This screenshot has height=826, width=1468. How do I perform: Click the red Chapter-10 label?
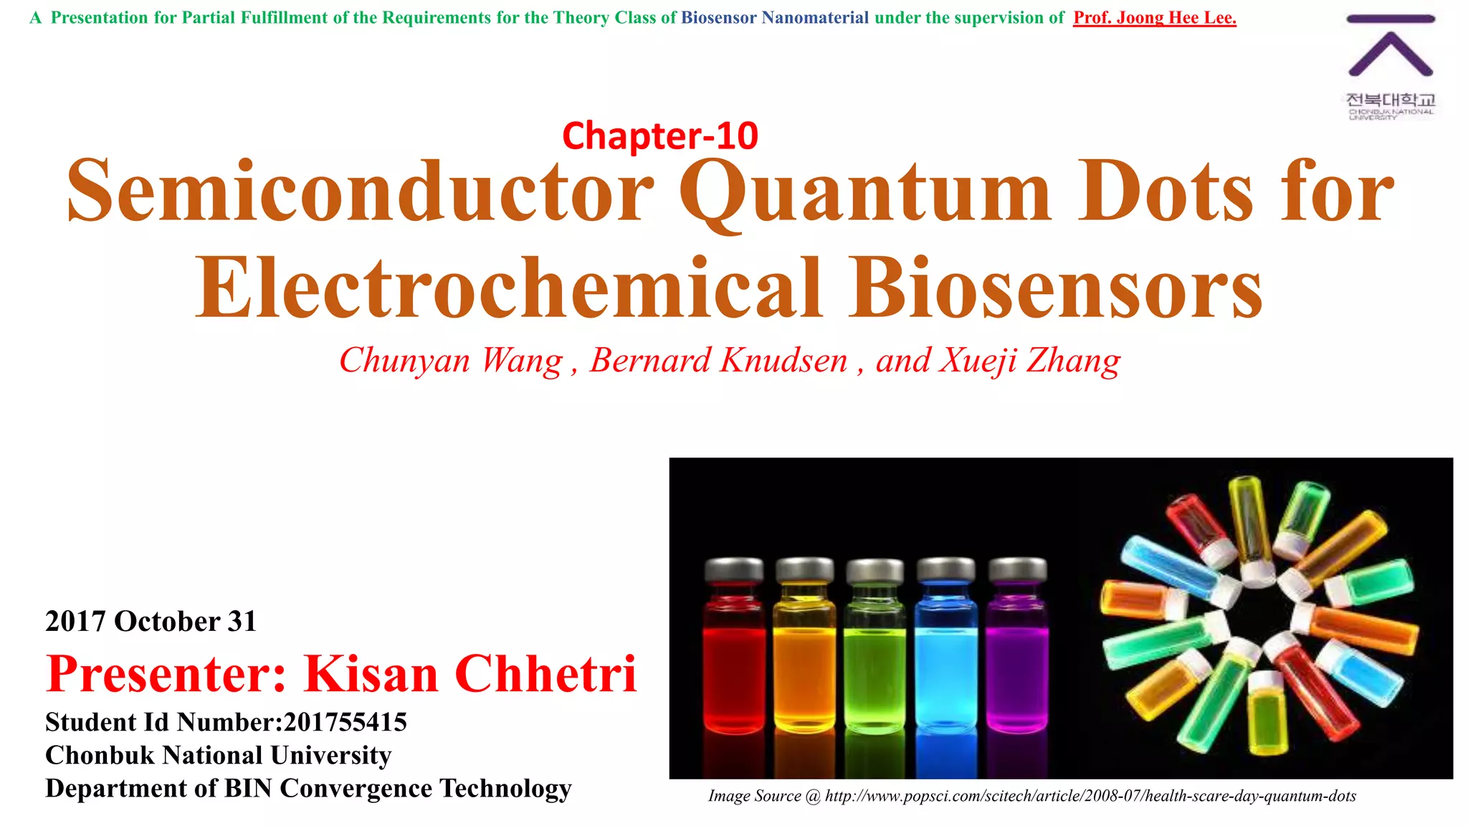tap(659, 136)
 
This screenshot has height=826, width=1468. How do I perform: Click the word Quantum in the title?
tap(866, 192)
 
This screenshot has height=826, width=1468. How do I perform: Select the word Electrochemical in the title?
tap(508, 288)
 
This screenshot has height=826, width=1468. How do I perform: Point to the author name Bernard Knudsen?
tap(718, 360)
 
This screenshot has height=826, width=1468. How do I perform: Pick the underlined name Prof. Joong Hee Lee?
tap(1154, 18)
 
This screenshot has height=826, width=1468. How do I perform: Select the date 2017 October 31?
tap(151, 621)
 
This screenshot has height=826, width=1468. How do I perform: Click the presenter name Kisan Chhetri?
tap(470, 674)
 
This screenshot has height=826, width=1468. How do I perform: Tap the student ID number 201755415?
tap(345, 722)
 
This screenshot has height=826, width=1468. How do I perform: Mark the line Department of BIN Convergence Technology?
tap(308, 788)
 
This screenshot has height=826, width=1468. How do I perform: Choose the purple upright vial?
tap(1016, 660)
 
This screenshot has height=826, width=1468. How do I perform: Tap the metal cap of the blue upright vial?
tap(945, 571)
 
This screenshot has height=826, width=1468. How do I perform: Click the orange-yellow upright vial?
tap(804, 660)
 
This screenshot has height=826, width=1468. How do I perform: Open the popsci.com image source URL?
tap(1090, 796)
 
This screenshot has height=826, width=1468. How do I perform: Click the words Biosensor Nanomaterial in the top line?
tap(774, 18)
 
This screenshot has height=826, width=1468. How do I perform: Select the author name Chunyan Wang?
tap(451, 360)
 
